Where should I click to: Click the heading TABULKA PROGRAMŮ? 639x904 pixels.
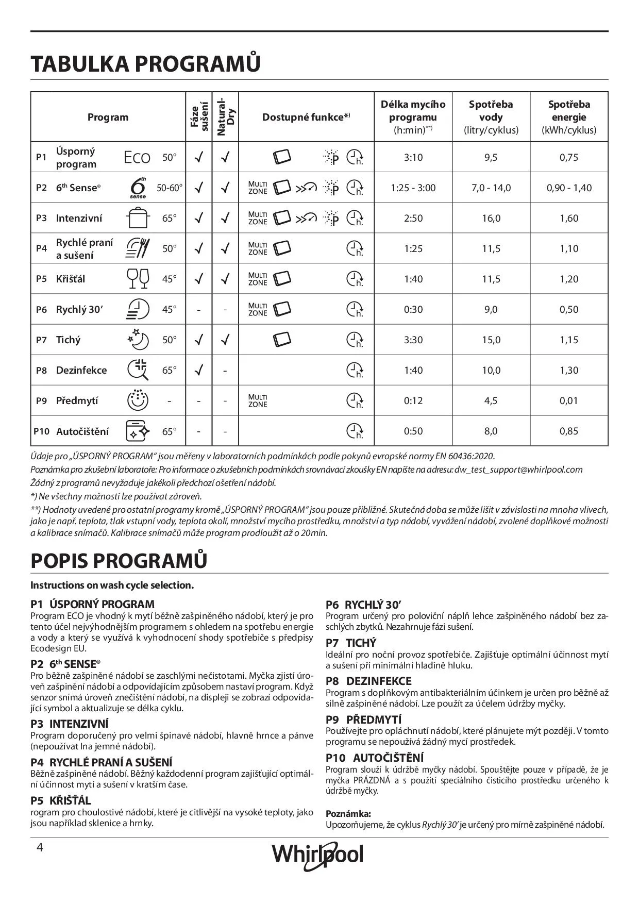pos(145,63)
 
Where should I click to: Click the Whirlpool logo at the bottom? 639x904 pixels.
pos(317,854)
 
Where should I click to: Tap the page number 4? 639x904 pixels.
pos(39,848)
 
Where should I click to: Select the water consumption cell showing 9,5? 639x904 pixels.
pos(491,158)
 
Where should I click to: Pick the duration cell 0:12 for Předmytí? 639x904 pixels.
pos(413,401)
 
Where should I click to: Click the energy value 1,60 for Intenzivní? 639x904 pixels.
pos(568,219)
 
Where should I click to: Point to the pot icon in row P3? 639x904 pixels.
pos(137,218)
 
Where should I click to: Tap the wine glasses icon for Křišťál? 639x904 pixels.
pos(138,279)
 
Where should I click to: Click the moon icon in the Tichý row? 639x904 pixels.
pos(138,340)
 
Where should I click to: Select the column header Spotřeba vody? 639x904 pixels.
pos(491,117)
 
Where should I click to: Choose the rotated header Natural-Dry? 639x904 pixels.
pos(225,116)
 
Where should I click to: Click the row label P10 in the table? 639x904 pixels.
pos(41,431)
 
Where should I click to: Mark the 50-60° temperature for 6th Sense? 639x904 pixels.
pos(170,188)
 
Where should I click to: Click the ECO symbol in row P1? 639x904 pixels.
pos(137,158)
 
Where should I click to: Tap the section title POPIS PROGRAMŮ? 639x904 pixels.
pos(119,561)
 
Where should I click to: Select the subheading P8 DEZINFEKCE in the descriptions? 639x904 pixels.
pos(368,681)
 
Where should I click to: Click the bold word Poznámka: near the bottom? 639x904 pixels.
pos(348,814)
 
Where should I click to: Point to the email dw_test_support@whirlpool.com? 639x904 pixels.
pos(518,470)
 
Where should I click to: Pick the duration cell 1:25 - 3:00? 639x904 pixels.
pos(413,188)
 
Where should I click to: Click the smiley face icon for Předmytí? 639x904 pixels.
pos(138,400)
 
